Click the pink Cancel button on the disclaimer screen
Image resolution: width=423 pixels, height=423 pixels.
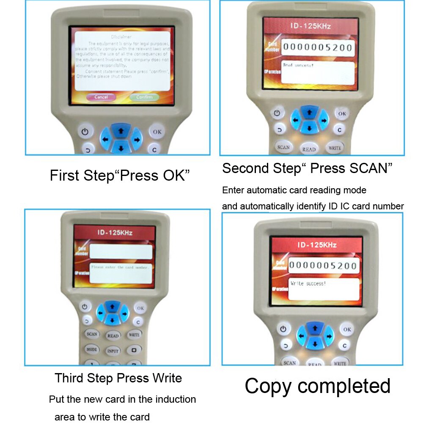pos(101,97)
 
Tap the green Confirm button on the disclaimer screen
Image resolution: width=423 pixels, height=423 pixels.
pos(144,97)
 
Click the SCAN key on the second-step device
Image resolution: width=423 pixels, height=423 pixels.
pos(283,147)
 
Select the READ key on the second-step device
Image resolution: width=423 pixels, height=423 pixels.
pos(309,149)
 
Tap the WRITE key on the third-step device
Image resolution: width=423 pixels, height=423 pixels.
pos(134,335)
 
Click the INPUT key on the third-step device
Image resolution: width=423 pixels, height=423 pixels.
pos(113,351)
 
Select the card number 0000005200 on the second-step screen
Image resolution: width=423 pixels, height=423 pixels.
pos(317,47)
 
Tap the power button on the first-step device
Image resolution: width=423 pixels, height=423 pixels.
pos(85,132)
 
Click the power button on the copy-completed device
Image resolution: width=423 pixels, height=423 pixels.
pos(283,328)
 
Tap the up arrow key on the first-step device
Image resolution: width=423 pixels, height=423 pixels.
pos(121,131)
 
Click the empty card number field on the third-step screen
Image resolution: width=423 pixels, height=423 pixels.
pos(121,252)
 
